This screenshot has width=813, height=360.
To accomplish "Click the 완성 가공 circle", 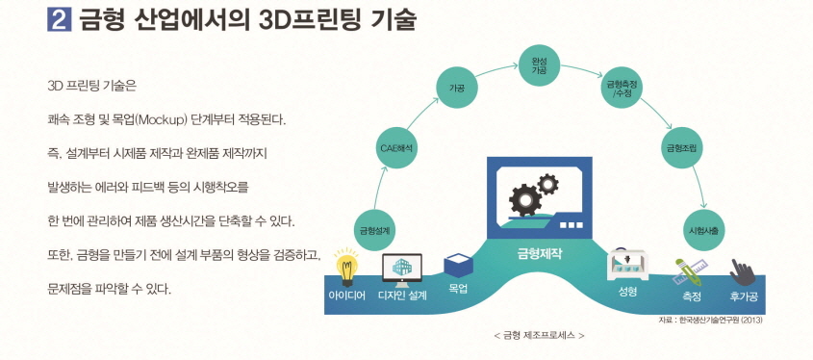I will click(539, 66).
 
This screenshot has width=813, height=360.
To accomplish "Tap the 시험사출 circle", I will click(705, 230).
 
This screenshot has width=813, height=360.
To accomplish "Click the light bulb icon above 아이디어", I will click(345, 265).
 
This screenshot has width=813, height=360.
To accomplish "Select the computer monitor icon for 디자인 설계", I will click(402, 267).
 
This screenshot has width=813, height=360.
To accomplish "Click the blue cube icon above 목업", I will click(457, 265).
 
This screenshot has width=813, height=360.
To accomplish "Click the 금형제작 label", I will click(538, 254).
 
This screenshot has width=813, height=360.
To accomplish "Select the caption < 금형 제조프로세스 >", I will click(538, 335).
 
